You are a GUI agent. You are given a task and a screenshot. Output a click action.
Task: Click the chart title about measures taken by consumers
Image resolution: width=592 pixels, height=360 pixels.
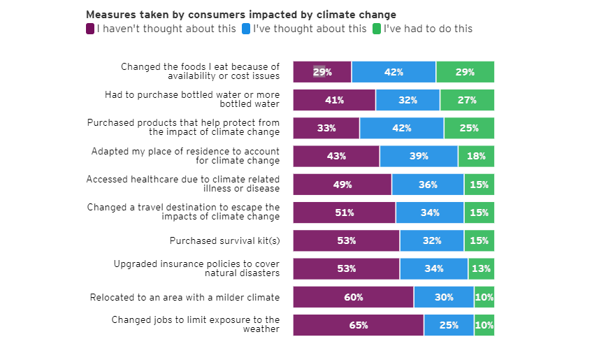pos(240,15)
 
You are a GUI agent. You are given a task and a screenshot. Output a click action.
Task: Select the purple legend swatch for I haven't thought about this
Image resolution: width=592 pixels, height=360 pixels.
pos(90,29)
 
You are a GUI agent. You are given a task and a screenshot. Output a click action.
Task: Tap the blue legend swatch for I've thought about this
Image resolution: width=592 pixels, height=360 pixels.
pos(246,29)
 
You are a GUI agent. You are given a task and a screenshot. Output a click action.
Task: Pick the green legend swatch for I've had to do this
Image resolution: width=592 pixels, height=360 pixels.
pos(377,29)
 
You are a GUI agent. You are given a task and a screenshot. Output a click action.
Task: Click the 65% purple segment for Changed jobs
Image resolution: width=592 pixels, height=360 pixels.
pos(358,325)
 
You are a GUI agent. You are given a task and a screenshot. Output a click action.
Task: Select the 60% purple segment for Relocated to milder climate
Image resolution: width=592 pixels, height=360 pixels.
pos(353,297)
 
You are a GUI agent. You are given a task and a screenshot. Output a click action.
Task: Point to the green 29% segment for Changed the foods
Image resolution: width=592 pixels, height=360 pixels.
pos(465,72)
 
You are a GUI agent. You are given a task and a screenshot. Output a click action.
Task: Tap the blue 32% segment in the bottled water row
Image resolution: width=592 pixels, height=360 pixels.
pos(407,100)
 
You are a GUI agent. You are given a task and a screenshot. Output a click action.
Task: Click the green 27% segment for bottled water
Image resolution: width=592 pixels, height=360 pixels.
pos(467,100)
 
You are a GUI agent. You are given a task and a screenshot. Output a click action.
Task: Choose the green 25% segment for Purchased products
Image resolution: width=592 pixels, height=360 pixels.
pos(469,128)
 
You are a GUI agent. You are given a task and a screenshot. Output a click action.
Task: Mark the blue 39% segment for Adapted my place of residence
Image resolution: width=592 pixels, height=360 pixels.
pos(419,156)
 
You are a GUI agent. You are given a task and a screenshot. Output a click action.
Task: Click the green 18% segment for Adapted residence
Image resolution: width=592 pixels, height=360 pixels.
pos(476,156)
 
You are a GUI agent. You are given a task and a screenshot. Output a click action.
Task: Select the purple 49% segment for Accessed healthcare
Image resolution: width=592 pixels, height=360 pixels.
pos(342,185)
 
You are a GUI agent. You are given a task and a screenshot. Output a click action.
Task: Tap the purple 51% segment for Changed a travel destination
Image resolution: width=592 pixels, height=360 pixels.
pos(344,213)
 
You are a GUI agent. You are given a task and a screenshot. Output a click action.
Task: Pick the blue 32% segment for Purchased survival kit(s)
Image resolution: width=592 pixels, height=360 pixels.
pos(431,240)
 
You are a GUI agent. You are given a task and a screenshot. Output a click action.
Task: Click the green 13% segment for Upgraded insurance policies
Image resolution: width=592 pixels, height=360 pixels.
pos(481,268)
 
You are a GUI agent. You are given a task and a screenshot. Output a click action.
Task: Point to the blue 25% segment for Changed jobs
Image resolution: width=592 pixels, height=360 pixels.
pos(449,325)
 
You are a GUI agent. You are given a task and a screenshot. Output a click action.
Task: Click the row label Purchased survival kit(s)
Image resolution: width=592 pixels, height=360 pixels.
pos(224,240)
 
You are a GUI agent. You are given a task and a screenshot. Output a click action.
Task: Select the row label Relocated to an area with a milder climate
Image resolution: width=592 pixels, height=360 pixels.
pos(185,297)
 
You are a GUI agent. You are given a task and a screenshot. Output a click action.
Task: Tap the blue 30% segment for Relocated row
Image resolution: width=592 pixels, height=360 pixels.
pos(444,297)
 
